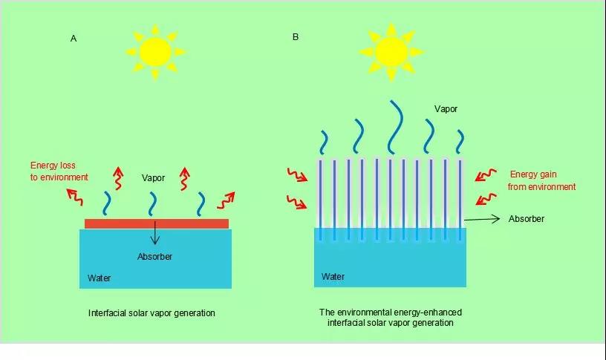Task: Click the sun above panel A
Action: point(156,50)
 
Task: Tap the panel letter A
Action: point(74,39)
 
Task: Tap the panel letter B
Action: point(296,36)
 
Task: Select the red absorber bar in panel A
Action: point(156,223)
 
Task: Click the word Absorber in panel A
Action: point(154,257)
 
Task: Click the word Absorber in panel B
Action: point(526,219)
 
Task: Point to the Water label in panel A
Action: point(100,278)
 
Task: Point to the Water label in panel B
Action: point(333,277)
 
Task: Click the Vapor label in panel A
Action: point(154,178)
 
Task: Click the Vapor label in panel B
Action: point(446,109)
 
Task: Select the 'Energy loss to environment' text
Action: point(59,171)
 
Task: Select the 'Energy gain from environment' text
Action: point(541,180)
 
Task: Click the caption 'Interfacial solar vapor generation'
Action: point(151,313)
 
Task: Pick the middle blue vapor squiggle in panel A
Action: point(154,202)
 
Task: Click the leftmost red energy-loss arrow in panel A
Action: point(75,196)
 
